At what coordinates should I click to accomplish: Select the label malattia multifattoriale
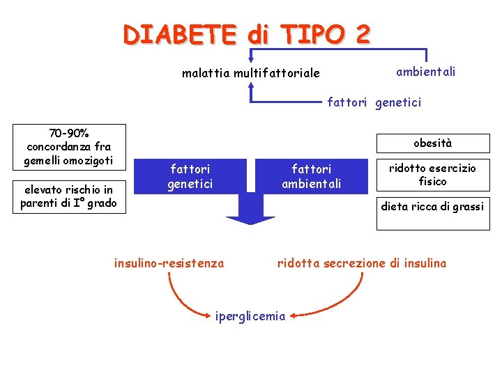click(x=251, y=72)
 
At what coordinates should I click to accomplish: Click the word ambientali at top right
click(x=426, y=72)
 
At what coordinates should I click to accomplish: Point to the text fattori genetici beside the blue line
click(x=374, y=103)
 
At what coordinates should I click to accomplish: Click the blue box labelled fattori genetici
click(x=190, y=176)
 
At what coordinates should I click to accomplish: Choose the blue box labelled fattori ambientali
click(x=311, y=176)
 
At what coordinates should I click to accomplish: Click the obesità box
click(x=432, y=143)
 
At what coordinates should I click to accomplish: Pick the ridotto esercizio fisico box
click(x=432, y=175)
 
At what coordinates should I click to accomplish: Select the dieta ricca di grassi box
click(x=432, y=207)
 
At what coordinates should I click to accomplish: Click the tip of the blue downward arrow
click(x=251, y=223)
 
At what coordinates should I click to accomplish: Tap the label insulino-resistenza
click(x=169, y=263)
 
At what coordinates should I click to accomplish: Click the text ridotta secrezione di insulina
click(x=362, y=263)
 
